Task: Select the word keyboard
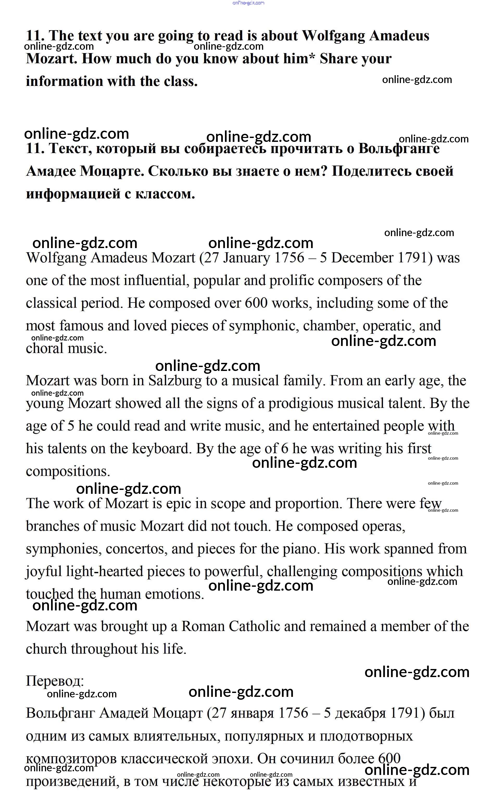161,449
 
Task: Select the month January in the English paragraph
246,258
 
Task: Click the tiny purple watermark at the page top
248,3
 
